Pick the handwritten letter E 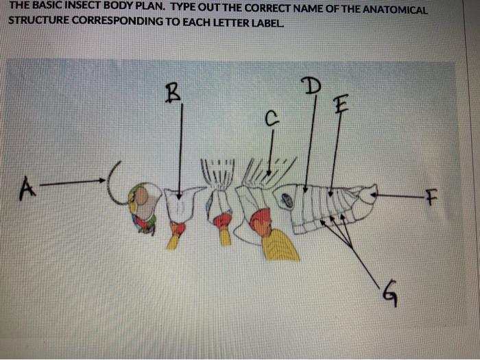pos(340,105)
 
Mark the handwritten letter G pos(388,296)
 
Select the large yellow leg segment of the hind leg pos(280,245)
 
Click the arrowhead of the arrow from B pos(179,196)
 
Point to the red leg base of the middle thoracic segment pos(222,220)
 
